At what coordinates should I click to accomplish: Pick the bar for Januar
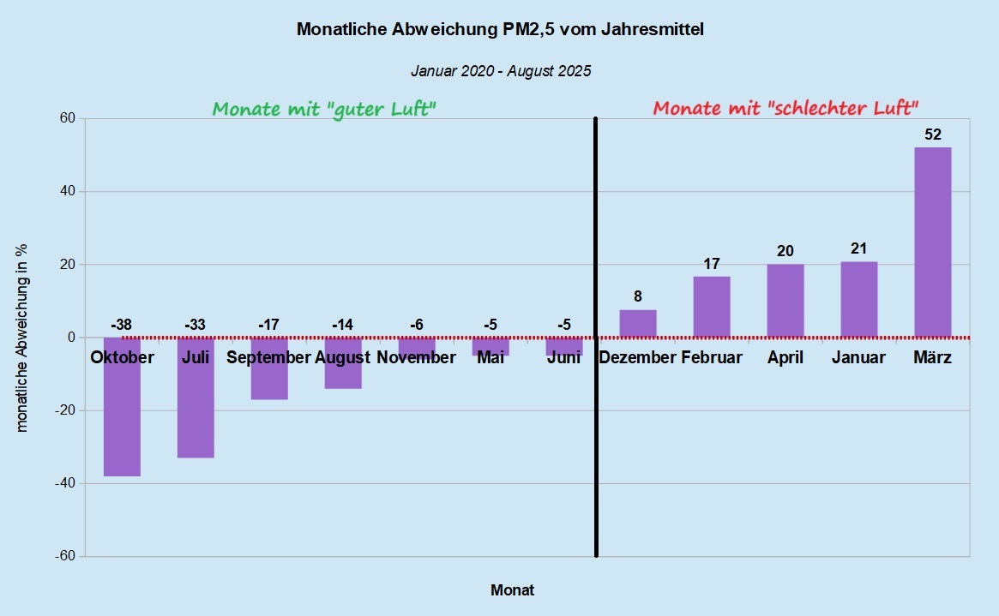(858, 299)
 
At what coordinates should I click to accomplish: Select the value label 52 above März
(933, 135)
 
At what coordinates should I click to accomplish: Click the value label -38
(122, 325)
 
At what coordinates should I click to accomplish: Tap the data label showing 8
(638, 297)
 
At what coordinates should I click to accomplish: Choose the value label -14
(342, 325)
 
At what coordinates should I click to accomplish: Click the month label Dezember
(638, 357)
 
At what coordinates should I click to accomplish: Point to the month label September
(268, 357)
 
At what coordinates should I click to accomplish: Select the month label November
(416, 357)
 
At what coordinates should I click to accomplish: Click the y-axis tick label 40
(66, 192)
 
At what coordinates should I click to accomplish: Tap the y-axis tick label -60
(63, 556)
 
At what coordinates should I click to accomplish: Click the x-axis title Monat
(512, 590)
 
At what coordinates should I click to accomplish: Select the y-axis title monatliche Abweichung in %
(23, 338)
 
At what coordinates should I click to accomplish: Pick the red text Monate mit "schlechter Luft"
(785, 109)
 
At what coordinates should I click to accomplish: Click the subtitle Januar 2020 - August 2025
(501, 71)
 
